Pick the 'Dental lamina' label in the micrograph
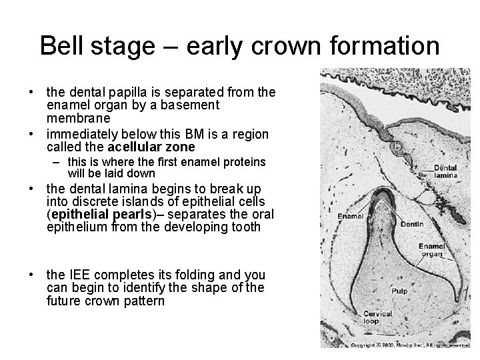click(445, 171)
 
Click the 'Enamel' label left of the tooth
click(351, 215)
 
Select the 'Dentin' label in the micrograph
click(412, 225)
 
